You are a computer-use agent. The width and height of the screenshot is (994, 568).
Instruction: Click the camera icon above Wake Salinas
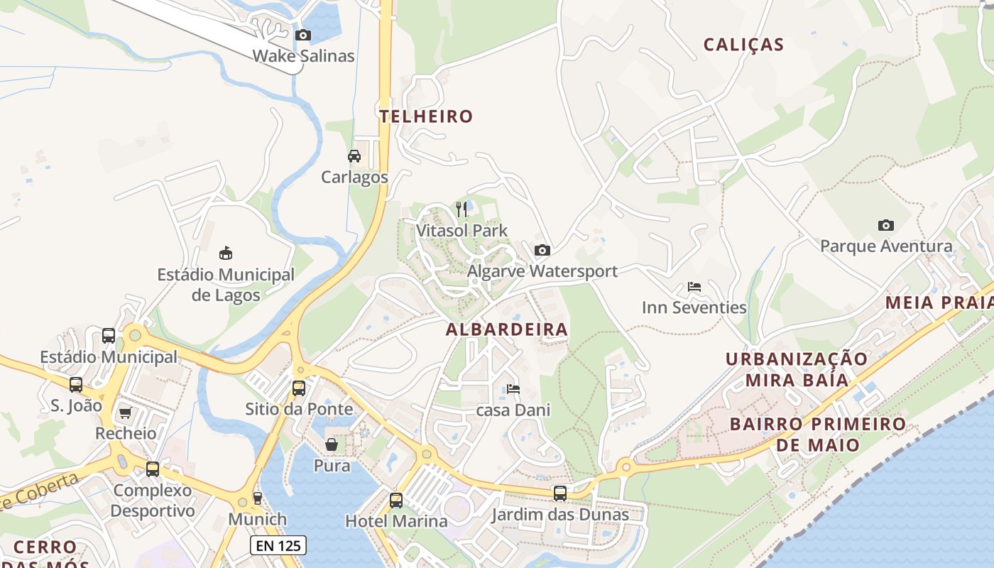pyautogui.click(x=303, y=35)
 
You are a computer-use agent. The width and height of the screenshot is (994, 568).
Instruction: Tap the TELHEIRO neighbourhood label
pyautogui.click(x=426, y=116)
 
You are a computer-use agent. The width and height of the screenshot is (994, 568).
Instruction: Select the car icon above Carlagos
pyautogui.click(x=354, y=156)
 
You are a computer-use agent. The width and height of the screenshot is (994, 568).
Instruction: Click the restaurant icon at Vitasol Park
pyautogui.click(x=461, y=209)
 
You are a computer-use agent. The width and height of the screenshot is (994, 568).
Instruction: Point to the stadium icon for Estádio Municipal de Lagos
pyautogui.click(x=226, y=253)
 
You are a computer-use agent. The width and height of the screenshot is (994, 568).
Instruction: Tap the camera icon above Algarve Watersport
pyautogui.click(x=542, y=250)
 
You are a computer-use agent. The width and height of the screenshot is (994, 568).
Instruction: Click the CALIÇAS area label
pyautogui.click(x=743, y=45)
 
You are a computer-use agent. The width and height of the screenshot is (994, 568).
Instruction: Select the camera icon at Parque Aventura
pyautogui.click(x=885, y=225)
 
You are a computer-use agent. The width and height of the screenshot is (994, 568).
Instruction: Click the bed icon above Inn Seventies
pyautogui.click(x=694, y=287)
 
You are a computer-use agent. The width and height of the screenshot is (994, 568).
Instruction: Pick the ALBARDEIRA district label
pyautogui.click(x=507, y=329)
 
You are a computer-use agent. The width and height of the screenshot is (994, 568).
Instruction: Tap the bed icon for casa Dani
pyautogui.click(x=513, y=388)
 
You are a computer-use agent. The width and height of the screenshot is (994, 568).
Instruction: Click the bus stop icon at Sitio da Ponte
pyautogui.click(x=299, y=388)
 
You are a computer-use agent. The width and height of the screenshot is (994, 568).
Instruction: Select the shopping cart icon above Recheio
pyautogui.click(x=125, y=413)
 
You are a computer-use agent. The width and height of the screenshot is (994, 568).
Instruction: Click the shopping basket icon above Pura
pyautogui.click(x=332, y=444)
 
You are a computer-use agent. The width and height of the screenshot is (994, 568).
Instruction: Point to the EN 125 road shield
pyautogui.click(x=278, y=545)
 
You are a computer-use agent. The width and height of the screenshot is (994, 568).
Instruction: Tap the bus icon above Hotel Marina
pyautogui.click(x=396, y=500)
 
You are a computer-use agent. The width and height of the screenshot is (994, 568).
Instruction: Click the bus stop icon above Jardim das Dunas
pyautogui.click(x=560, y=493)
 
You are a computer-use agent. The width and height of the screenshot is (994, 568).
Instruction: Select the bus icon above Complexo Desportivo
pyautogui.click(x=153, y=469)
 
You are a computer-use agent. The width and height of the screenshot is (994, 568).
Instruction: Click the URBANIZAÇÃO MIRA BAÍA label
pyautogui.click(x=796, y=369)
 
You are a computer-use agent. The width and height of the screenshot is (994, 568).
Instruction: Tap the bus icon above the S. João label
pyautogui.click(x=76, y=385)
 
